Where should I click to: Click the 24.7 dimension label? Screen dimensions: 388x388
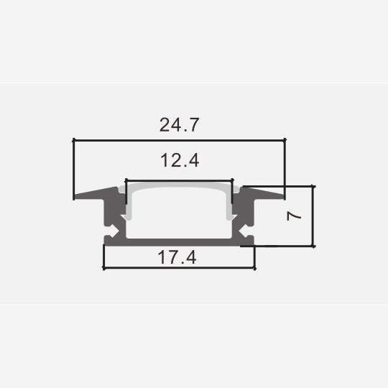tap(179, 125)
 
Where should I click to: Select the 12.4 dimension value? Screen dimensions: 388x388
tap(180, 160)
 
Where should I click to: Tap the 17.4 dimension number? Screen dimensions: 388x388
tap(177, 257)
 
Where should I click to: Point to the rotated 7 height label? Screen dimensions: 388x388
tap(294, 216)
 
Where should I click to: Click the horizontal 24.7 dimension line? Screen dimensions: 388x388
tap(180, 140)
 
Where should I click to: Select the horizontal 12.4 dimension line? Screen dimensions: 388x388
tap(179, 181)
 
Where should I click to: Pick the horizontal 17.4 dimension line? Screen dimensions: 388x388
tap(180, 268)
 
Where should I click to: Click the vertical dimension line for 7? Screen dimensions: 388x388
tap(313, 216)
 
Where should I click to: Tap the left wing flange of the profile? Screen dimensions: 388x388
tap(96, 193)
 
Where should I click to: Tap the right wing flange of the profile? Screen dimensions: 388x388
tap(262, 193)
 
